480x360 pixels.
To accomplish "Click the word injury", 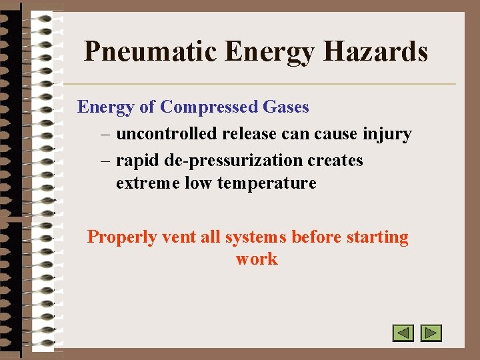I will pyautogui.click(x=387, y=134).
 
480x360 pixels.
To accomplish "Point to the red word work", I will pyautogui.click(x=257, y=259).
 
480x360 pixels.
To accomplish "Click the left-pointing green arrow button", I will pyautogui.click(x=403, y=332).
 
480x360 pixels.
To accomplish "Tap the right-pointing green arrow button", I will pyautogui.click(x=431, y=332).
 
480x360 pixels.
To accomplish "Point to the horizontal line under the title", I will pyautogui.click(x=260, y=84).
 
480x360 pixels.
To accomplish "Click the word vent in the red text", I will pyautogui.click(x=177, y=237).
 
